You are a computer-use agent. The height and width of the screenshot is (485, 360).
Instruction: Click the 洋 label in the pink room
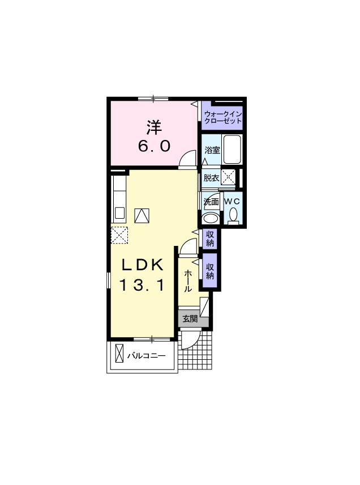pos(154,127)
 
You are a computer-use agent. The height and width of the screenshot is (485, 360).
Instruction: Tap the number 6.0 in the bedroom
pos(154,146)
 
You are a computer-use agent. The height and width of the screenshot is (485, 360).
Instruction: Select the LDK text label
pos(143,265)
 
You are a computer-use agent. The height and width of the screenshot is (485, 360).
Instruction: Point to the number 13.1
pos(142,285)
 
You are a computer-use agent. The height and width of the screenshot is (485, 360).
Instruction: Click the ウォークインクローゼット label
pos(222,117)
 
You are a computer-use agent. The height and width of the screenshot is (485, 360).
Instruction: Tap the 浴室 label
pos(212,150)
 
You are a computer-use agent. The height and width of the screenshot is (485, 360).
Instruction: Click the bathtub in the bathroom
pos(232,150)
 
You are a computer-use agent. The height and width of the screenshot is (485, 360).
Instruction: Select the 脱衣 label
pos(211,178)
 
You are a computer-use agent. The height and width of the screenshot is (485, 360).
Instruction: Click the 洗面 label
pos(211,202)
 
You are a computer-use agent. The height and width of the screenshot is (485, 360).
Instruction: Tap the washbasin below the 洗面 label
pos(211,218)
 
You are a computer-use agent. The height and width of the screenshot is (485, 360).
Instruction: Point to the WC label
pos(232,201)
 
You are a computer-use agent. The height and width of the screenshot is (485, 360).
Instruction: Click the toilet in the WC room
pos(234,215)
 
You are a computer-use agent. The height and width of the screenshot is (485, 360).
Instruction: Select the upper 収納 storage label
pos(210,239)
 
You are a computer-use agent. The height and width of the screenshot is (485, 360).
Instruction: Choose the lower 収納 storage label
pos(210,271)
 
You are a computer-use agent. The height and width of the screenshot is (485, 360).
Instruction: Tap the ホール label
pos(188,281)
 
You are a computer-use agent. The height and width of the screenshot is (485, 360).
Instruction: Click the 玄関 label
pos(190,318)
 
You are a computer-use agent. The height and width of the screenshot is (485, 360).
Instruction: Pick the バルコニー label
pos(147,356)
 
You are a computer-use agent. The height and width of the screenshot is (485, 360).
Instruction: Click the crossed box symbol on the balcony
pos(119,353)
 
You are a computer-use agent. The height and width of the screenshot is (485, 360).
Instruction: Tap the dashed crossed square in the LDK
pos(119,235)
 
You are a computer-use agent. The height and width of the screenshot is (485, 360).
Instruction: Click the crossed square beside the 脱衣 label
pos(228,177)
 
